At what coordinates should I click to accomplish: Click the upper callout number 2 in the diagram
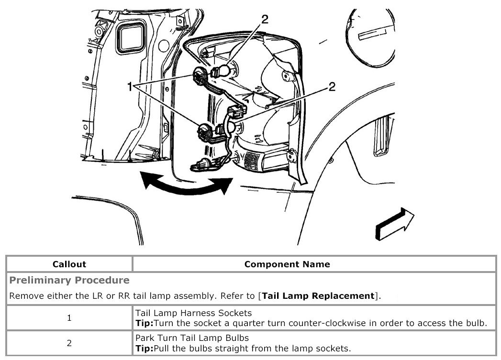tap(265, 20)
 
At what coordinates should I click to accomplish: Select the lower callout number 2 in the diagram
tap(331, 87)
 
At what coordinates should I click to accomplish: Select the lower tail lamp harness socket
tap(204, 131)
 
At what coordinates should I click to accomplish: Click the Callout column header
tap(69, 264)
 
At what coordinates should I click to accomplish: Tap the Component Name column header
tap(287, 264)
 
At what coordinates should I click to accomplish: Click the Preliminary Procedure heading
tap(69, 280)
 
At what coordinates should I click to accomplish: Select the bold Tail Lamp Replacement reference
tap(318, 296)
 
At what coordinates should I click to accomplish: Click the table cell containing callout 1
tap(69, 318)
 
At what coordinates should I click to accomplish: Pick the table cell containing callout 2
tap(69, 343)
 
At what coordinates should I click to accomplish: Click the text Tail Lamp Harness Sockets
tap(193, 313)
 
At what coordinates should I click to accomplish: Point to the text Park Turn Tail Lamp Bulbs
tap(192, 338)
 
